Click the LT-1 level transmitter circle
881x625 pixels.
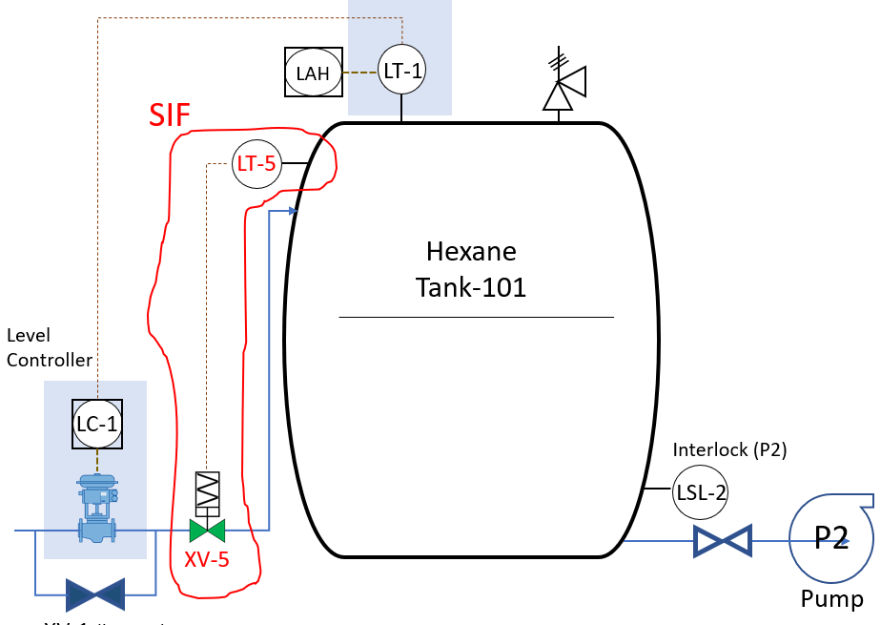(401, 70)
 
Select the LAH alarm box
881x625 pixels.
(314, 73)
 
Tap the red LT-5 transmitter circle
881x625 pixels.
(256, 164)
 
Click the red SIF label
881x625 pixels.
(170, 115)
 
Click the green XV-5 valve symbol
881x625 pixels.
(207, 531)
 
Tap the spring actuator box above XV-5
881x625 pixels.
(207, 492)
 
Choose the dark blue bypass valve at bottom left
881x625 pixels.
(94, 594)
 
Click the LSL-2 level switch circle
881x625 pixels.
(701, 491)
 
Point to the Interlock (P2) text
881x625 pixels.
(729, 449)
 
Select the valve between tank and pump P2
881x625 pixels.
(721, 541)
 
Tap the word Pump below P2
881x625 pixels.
(831, 599)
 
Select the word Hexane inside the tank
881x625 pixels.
(471, 252)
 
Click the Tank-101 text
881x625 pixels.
(471, 287)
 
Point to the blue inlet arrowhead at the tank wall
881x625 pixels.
(294, 211)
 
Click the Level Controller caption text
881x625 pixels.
(50, 347)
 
